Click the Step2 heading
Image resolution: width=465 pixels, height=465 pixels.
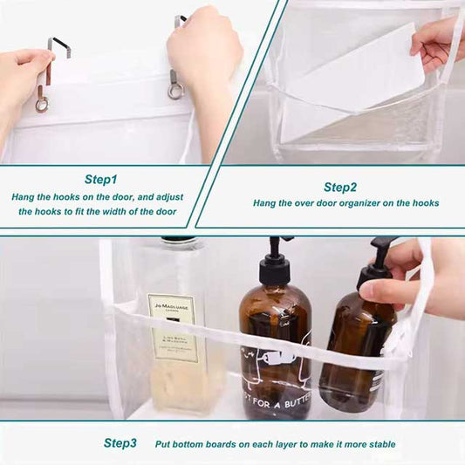pos(339,187)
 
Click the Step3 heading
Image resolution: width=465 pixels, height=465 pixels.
pos(120,443)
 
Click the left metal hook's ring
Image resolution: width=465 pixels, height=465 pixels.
pos(42,104)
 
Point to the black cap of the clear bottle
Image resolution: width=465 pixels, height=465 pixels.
pos(178,240)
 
